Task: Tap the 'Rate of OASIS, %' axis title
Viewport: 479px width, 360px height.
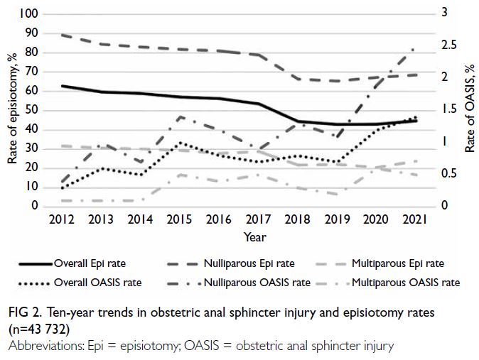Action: coord(470,109)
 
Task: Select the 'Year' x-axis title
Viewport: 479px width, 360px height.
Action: coord(255,236)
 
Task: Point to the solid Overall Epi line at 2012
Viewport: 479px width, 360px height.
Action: coord(63,86)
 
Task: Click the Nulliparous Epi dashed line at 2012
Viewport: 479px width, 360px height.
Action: coord(63,35)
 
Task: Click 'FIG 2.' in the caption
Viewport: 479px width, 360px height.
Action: coord(26,312)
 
